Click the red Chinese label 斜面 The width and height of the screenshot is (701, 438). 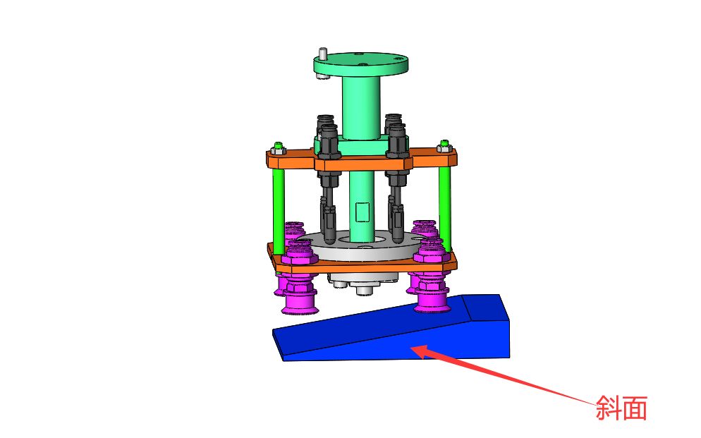pos(621,408)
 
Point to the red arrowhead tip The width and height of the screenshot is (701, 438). pos(410,346)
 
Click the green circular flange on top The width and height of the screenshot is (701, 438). pos(360,63)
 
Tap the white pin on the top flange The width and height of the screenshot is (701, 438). pos(322,53)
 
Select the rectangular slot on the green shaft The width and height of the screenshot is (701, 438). pos(362,212)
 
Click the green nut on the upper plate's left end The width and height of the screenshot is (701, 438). pos(279,146)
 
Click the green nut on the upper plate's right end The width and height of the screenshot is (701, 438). pos(444,144)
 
